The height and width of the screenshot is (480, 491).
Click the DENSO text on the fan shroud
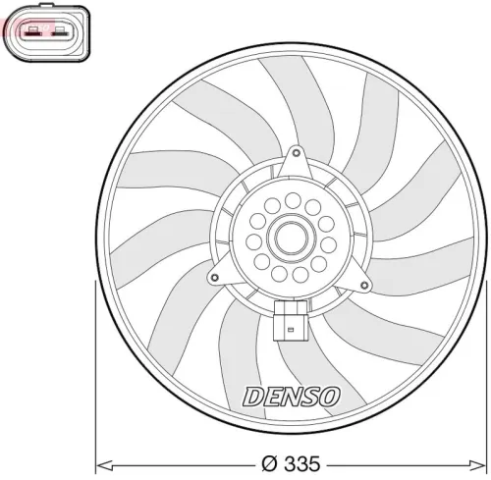tap(291, 397)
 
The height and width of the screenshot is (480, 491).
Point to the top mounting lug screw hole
tap(295, 153)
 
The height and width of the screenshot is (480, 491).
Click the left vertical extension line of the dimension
tap(94, 373)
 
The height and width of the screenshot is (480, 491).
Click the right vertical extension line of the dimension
tap(486, 373)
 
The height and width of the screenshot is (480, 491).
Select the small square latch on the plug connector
tap(290, 317)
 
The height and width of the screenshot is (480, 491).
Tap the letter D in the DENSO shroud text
tap(251, 397)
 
